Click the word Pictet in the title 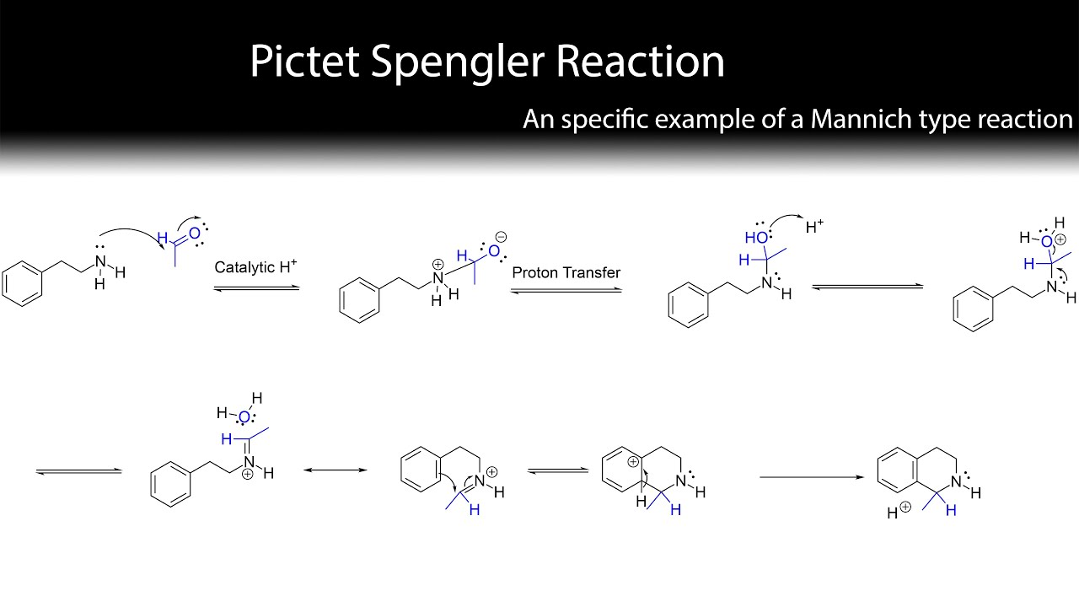(304, 62)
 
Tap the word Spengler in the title (458, 63)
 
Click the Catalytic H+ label (255, 266)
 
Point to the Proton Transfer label (566, 272)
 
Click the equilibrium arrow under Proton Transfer (566, 291)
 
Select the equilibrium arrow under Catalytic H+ (257, 288)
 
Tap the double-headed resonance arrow (336, 470)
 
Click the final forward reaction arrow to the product (812, 477)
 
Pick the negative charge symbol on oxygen (501, 237)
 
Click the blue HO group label (756, 238)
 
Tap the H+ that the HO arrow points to (814, 226)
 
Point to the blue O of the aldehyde (194, 234)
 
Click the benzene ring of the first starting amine (22, 284)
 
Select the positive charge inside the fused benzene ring (633, 462)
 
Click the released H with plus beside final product (899, 511)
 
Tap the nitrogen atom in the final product (956, 481)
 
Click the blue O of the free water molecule (244, 417)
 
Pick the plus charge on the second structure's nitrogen (438, 265)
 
